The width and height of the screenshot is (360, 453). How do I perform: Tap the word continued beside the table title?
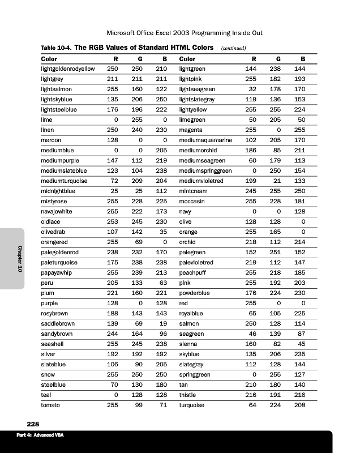click(x=232, y=48)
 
